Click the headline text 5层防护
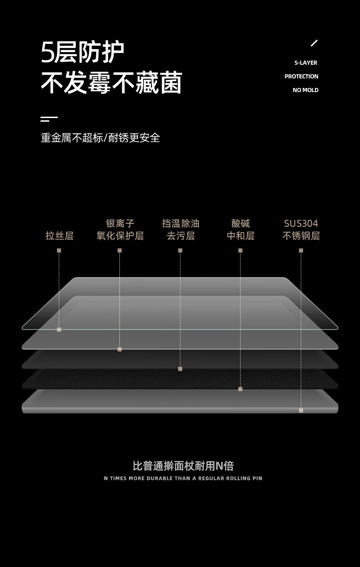coord(82,52)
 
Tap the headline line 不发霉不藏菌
coord(111,82)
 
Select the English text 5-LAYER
coord(306,63)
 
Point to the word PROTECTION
coord(301,77)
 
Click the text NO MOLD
coord(305,90)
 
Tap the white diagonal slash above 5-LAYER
coord(314,43)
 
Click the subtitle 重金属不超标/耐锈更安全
coord(100,138)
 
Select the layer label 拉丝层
coord(59,236)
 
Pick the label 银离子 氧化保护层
coord(120,230)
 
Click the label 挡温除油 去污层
coord(180,230)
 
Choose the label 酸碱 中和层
coord(241,230)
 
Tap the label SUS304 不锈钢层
coord(301,230)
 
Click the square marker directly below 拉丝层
coord(59,250)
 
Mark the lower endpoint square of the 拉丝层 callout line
coord(59,330)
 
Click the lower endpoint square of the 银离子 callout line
coord(119,349)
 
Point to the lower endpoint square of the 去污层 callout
coord(180,369)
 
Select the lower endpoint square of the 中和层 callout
coord(240,389)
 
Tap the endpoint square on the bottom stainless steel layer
coord(301,410)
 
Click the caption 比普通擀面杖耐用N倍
coord(183,466)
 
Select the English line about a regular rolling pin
coord(183,478)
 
